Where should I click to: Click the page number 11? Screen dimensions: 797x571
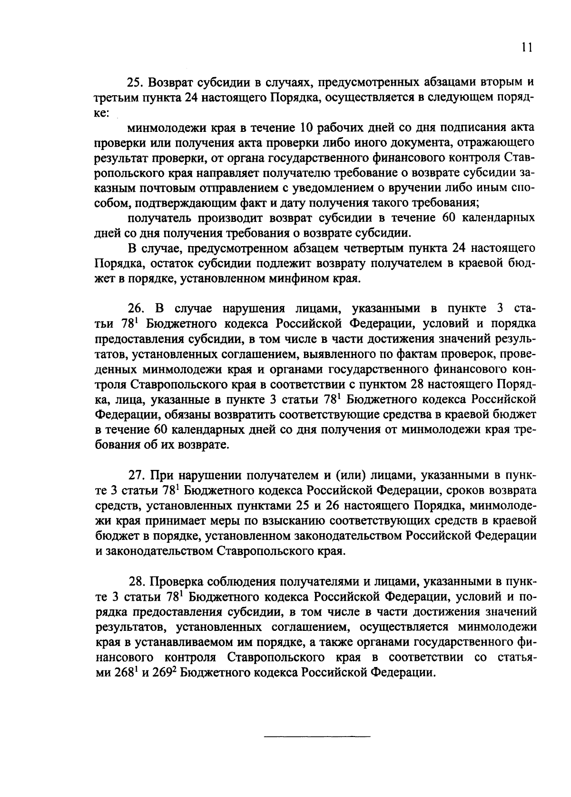(x=526, y=47)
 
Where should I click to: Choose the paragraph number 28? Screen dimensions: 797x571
(x=136, y=581)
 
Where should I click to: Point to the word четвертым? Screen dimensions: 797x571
(x=375, y=248)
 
